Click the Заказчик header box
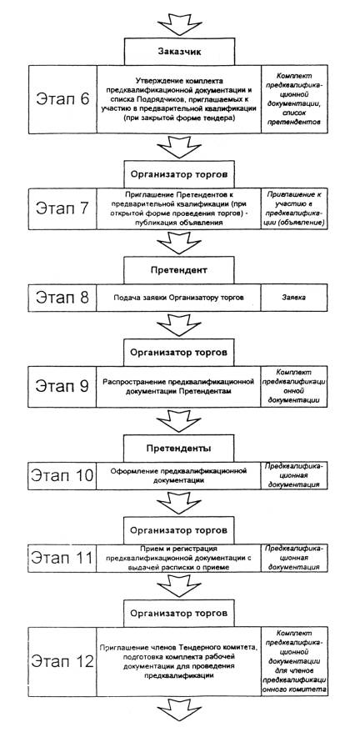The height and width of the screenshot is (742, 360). (x=179, y=52)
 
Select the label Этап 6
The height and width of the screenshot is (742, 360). (x=62, y=99)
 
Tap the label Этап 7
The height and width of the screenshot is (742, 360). (x=62, y=208)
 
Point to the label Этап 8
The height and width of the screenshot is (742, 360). (x=62, y=298)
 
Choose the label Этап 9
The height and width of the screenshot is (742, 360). (x=62, y=386)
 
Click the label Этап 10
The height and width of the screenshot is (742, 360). (x=62, y=475)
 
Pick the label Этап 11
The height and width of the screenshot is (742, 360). (x=62, y=558)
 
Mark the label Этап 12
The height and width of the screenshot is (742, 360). (x=62, y=661)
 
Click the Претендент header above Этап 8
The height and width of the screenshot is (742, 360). (x=179, y=271)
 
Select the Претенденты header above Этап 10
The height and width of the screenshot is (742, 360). (x=179, y=449)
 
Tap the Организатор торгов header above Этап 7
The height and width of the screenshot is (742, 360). (x=179, y=174)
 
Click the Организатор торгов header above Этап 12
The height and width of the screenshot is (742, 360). (x=179, y=614)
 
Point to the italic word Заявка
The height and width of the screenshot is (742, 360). (x=294, y=298)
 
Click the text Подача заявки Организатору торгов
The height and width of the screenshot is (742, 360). (x=179, y=298)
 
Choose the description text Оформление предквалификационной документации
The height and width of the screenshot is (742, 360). (x=179, y=475)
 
